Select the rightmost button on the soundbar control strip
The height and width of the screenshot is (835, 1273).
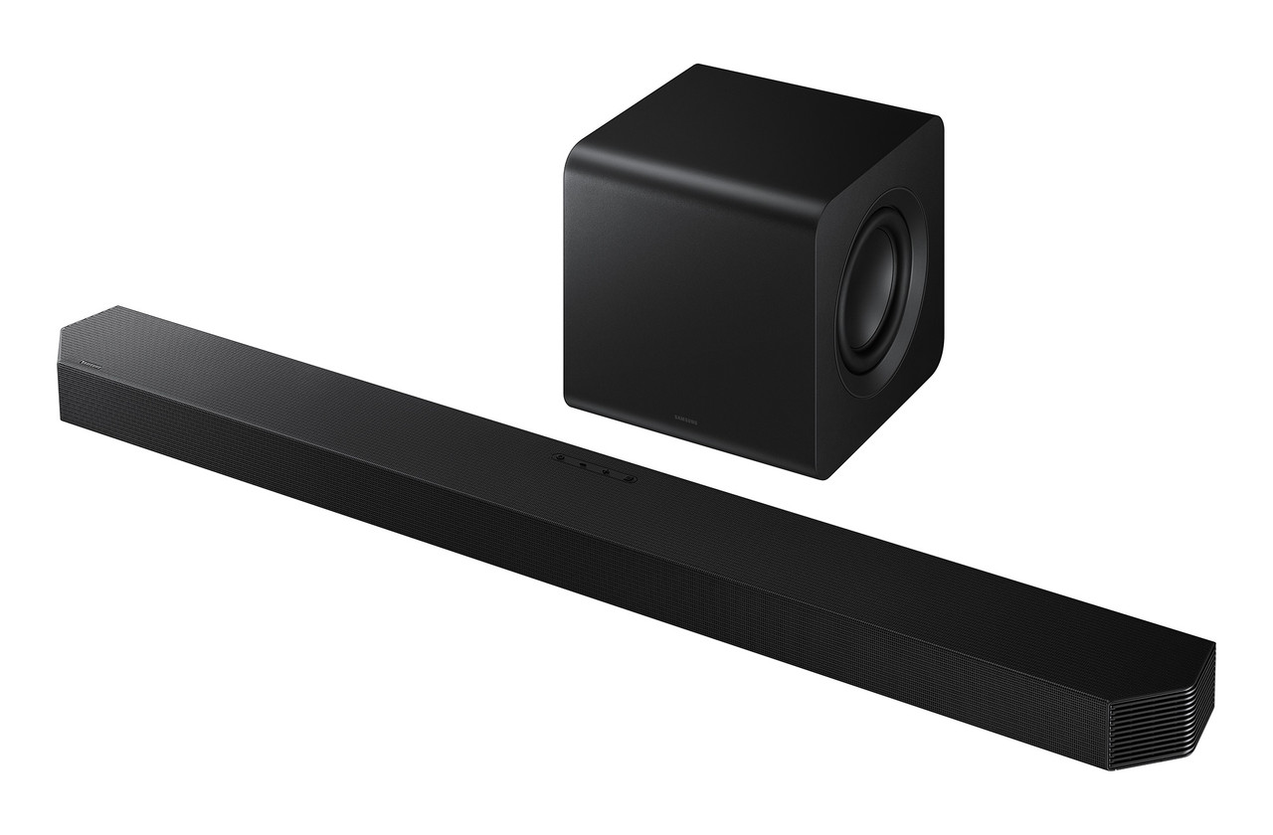(x=629, y=478)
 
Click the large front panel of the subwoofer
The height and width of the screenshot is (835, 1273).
(x=686, y=288)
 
